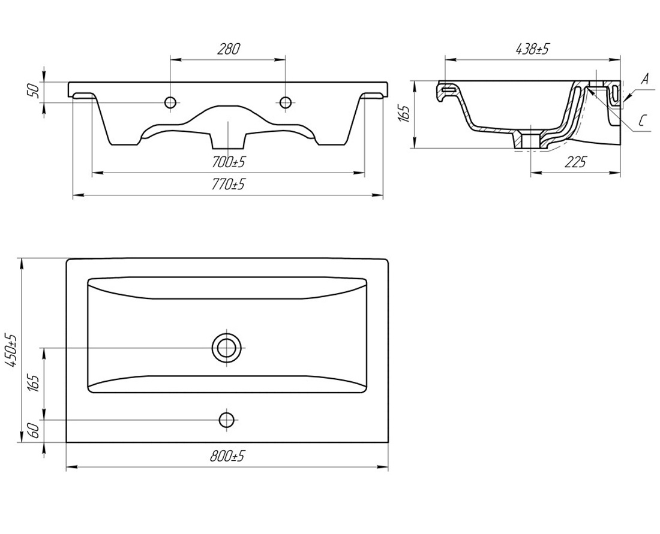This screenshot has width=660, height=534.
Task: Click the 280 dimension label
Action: tap(228, 49)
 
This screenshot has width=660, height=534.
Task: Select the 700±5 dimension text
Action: tap(228, 162)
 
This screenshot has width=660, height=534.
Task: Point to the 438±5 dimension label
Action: tap(532, 49)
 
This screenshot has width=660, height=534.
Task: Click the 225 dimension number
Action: tap(575, 161)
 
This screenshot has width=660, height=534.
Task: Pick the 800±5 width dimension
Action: tap(228, 456)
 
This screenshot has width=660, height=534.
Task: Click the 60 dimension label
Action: tap(35, 430)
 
